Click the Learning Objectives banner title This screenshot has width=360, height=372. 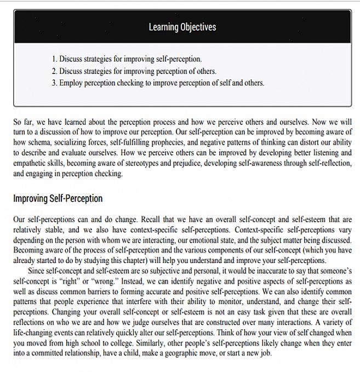click(182, 27)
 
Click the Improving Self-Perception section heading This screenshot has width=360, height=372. click(58, 198)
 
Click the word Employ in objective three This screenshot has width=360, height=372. click(71, 83)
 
